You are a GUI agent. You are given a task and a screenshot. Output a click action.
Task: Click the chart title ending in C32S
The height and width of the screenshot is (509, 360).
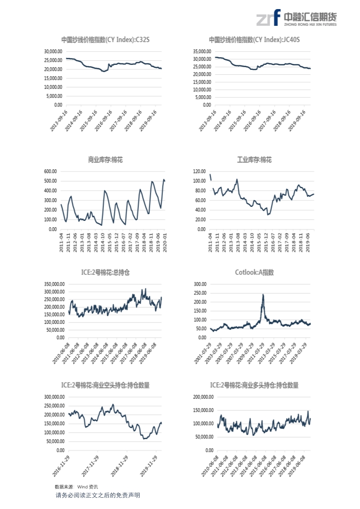pos(105,39)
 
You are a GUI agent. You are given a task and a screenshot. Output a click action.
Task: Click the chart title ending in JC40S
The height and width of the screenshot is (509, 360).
pos(254,39)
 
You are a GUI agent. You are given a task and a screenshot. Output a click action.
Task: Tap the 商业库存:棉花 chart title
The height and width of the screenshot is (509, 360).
pos(105,160)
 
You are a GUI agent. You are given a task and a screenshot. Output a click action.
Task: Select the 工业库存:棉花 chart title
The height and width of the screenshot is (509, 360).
pos(254,160)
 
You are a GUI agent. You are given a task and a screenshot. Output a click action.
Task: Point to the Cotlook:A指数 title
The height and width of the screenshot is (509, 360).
pos(254,272)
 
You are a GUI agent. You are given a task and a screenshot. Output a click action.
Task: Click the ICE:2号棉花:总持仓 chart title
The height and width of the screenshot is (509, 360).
pos(105,272)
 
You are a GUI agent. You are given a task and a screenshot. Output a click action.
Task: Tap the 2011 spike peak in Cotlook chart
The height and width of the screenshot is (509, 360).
pos(263,294)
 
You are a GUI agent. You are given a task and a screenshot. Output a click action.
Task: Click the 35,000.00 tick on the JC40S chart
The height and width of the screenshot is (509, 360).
pos(202,51)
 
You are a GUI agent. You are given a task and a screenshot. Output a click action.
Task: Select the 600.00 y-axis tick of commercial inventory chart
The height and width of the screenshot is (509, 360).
pos(50,171)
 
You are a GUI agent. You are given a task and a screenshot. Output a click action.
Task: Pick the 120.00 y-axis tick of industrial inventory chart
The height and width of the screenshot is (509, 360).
pos(199,171)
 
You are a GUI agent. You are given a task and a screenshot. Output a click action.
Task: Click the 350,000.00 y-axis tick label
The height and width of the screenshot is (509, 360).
pos(54,284)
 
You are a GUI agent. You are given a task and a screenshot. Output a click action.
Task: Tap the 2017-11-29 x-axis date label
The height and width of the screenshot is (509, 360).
pos(90,466)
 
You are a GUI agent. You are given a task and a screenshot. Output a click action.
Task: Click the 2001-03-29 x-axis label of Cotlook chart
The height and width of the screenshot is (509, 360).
pos(202,353)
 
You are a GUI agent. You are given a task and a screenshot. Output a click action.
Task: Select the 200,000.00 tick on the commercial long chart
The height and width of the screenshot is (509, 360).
pos(203,396)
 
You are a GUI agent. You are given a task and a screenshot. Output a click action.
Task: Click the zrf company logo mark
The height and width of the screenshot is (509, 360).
pos(268,18)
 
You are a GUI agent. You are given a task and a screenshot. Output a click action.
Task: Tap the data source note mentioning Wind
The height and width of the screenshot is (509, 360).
pos(76,487)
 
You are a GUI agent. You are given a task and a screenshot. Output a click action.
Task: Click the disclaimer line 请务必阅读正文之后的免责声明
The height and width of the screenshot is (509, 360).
pos(98,495)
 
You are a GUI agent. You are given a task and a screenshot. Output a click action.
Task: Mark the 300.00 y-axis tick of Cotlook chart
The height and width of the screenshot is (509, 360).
pos(200,284)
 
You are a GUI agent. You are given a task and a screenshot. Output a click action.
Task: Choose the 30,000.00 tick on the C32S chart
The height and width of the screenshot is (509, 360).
pos(53,51)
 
